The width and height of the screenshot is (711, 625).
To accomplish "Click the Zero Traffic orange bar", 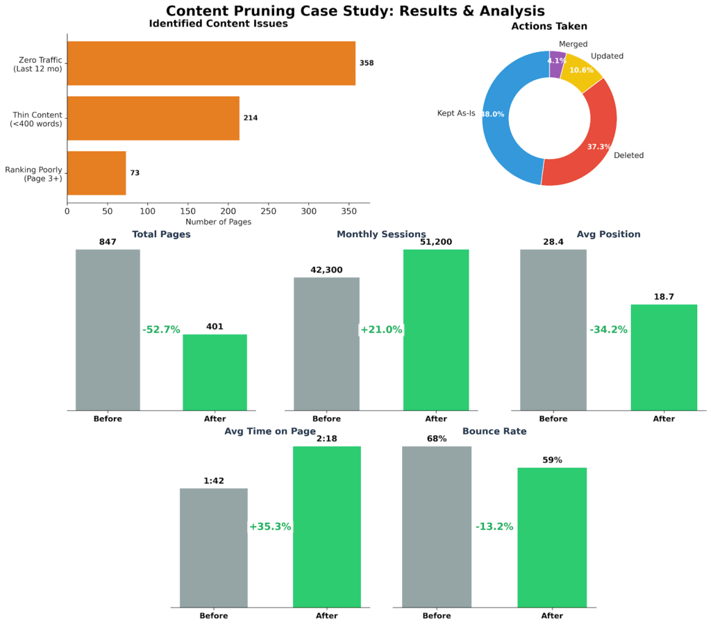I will point(211,63).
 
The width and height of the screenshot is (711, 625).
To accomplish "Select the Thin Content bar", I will point(153,118).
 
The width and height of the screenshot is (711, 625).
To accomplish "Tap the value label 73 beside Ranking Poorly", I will point(135,173).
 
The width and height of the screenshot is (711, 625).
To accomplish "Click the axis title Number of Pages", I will point(218,222).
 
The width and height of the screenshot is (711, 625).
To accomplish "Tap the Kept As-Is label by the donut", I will point(455,113).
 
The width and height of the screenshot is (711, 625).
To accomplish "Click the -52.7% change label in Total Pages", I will point(161,330).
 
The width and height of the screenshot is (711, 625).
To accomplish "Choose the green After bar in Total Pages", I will point(215,373).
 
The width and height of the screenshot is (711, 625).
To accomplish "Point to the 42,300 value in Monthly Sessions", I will point(326,270).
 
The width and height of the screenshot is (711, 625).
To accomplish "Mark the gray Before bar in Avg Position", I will point(553,330).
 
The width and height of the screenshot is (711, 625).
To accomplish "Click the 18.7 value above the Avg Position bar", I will point(664,297).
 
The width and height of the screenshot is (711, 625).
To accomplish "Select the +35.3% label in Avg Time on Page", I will point(270,527).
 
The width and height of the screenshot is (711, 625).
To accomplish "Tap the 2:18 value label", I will point(326,439).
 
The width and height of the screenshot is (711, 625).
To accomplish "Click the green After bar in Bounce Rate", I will point(552,537).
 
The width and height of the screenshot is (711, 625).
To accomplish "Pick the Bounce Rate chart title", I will point(494,432).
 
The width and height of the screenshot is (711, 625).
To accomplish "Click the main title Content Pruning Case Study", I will point(355,11).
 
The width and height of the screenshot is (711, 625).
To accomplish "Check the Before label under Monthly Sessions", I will point(326,419).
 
